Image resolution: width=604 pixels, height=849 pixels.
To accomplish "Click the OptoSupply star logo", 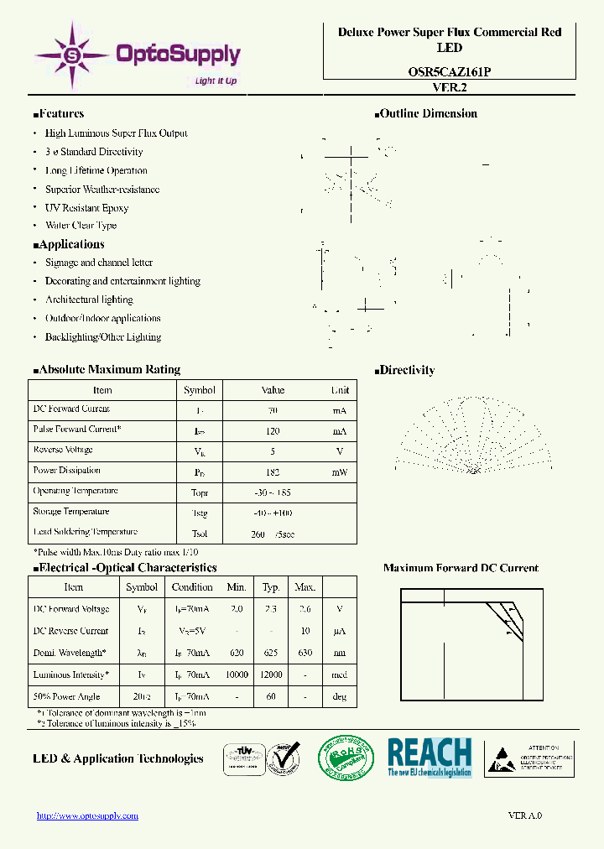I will coord(72,55).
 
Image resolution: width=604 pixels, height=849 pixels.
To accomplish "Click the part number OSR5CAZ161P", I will coord(450,72).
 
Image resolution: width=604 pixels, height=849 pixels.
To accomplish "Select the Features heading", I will coord(59,114).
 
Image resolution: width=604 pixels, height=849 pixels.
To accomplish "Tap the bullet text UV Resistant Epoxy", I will coord(86,207).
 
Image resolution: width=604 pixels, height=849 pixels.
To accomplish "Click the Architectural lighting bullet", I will coord(89,299).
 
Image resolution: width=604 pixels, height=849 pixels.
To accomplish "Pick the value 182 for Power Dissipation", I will coord(273,472).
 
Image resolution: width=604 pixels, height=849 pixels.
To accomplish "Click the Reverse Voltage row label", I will coord(64,450).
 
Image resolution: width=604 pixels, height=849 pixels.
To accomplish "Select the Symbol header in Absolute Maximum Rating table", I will coord(200,390).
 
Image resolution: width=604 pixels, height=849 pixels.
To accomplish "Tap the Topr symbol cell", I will coord(200,492).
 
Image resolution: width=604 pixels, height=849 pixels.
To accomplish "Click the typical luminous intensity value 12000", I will coord(271,675).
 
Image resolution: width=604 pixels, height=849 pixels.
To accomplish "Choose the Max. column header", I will coord(305,587).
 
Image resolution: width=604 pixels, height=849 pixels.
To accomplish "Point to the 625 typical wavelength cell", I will coord(271,653).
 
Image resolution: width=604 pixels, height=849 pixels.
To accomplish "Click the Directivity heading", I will coord(406,370).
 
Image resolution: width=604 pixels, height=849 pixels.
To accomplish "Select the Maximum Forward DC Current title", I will coord(461,568).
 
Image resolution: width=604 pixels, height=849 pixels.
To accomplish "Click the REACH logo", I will coord(429,757).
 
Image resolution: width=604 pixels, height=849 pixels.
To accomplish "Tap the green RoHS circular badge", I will coord(346,758).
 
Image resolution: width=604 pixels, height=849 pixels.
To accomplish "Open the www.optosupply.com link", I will coord(87,815).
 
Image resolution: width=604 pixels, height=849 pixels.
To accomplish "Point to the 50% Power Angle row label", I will coord(66,696).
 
